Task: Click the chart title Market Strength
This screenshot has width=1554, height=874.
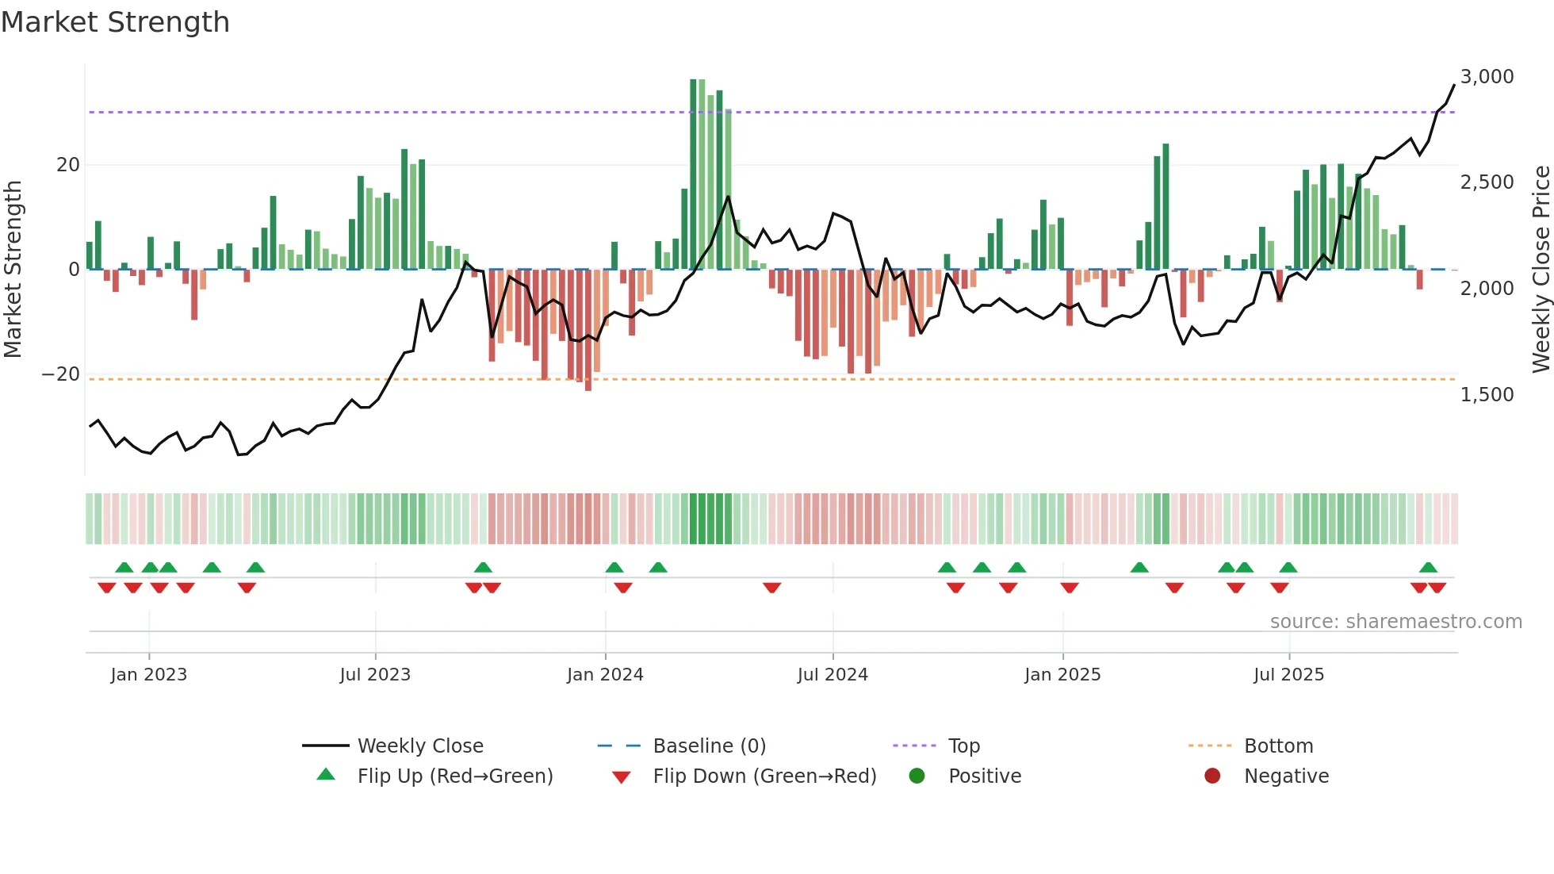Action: coord(115,22)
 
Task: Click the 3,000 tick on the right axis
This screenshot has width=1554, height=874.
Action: coord(1487,77)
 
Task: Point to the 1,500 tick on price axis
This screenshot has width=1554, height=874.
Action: coord(1487,394)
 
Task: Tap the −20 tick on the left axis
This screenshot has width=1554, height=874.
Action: coord(61,374)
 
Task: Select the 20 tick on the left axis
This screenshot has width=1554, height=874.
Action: coord(68,165)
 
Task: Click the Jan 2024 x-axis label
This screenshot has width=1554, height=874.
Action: coord(605,675)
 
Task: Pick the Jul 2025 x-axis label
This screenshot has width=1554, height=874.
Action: coord(1288,675)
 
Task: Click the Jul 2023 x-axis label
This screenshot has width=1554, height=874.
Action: coord(375,675)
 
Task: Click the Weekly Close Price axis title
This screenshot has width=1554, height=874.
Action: coord(1541,270)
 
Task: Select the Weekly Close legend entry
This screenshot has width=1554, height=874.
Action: coord(419,746)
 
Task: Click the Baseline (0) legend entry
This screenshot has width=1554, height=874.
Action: coord(709,746)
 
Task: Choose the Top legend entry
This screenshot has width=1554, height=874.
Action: coord(964,746)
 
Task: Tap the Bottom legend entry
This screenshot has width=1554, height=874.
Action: coord(1278,746)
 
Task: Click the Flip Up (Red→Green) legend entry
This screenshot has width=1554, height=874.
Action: coord(454,776)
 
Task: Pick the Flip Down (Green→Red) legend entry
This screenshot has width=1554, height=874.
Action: coord(764,776)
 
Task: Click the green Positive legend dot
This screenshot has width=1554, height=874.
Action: coord(917,776)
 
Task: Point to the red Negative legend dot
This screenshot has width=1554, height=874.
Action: coord(1212,776)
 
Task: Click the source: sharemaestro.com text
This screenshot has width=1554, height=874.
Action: coord(1395,622)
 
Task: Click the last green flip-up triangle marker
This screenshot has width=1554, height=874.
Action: coord(1428,568)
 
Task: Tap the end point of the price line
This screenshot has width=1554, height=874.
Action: coord(1454,85)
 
